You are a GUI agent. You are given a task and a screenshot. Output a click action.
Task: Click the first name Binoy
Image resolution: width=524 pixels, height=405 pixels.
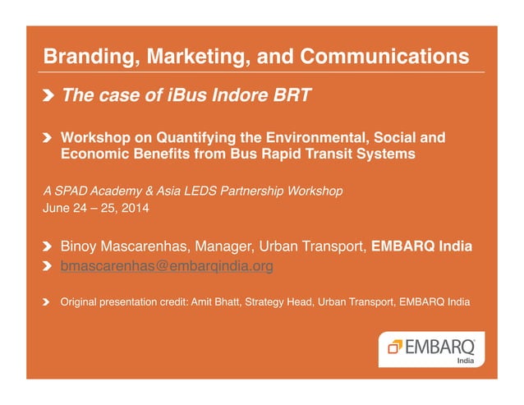(80, 246)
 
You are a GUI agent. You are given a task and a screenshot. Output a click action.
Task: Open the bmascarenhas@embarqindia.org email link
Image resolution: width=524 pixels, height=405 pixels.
(167, 266)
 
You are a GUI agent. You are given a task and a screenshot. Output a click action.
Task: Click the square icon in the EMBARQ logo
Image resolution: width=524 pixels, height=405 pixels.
(393, 347)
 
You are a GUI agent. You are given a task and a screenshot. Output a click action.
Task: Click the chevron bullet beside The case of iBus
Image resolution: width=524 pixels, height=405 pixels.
(50, 96)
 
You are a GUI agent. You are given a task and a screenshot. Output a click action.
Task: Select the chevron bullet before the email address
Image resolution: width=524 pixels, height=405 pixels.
(49, 266)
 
